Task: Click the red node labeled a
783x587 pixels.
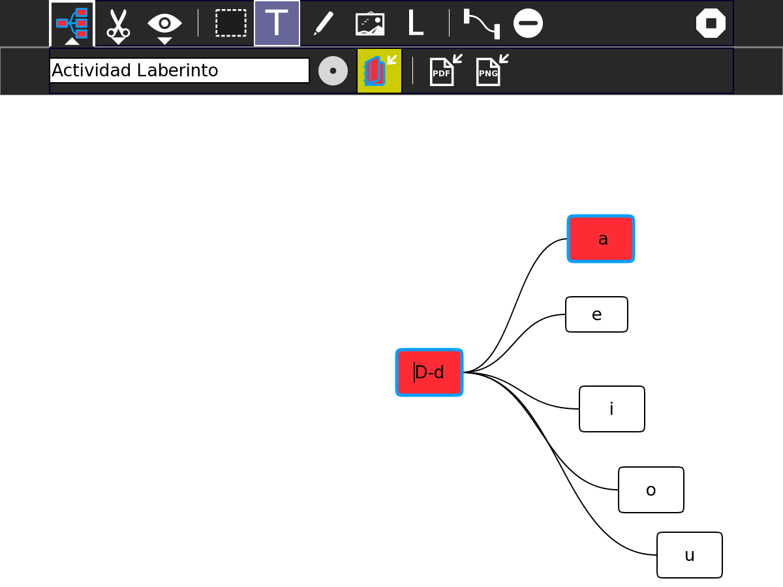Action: pos(601,239)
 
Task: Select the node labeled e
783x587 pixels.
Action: pos(596,314)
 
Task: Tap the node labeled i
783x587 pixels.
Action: pos(611,409)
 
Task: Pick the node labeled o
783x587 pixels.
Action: pos(651,490)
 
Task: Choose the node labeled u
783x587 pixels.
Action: pos(689,555)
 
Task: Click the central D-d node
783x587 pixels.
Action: pos(429,372)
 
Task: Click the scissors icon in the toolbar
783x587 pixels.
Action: pos(118,23)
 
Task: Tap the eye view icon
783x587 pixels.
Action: pos(164,23)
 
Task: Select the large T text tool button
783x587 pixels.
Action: pos(277,23)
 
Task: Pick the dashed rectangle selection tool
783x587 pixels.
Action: pos(231,23)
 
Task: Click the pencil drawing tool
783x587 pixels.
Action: pos(323,23)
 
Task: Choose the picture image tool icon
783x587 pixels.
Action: pos(370,23)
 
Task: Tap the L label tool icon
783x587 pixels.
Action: pos(415,23)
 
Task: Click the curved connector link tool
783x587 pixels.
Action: pos(482,23)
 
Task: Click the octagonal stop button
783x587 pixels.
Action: pos(711,23)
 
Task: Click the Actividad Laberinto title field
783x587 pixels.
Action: pos(179,70)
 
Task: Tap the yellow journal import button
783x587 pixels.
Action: pos(379,70)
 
